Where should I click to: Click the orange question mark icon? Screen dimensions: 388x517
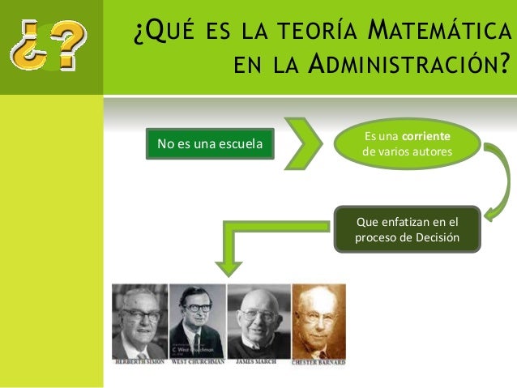tap(49, 47)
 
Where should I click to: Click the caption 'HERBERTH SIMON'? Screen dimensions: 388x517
tap(139, 362)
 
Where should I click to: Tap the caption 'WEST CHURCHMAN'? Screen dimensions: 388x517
tap(197, 362)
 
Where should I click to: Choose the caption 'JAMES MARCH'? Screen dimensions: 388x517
tap(258, 362)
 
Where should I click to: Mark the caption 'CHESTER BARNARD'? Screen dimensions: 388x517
tap(318, 362)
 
